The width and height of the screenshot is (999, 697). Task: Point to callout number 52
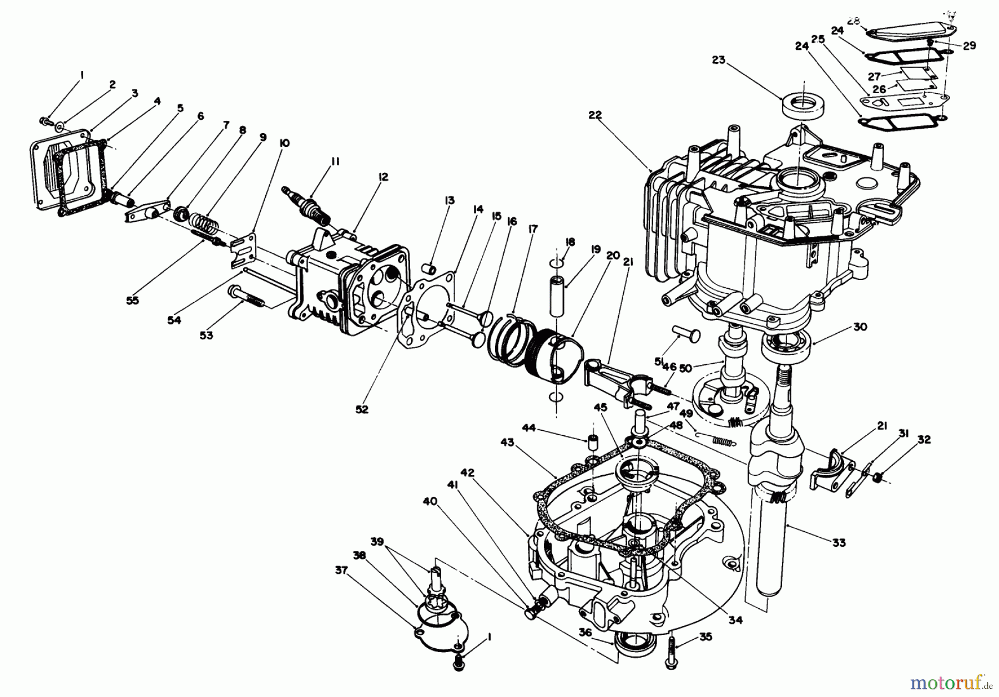[361, 409]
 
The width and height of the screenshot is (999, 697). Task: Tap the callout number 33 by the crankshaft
[839, 542]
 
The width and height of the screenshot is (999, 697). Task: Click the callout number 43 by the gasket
[507, 442]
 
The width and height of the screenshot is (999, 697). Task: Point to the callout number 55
[132, 300]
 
